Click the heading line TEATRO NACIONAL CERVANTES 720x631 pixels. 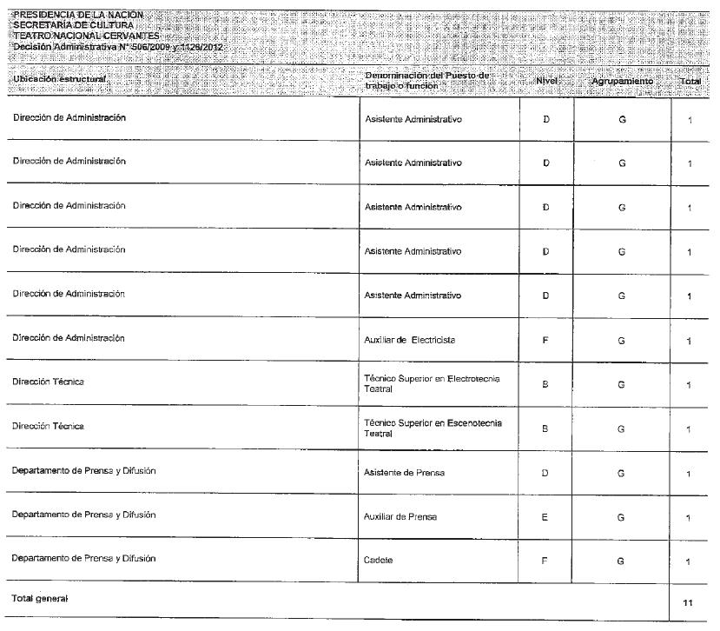point(86,36)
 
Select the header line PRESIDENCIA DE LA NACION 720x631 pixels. point(78,15)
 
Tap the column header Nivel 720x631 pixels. point(546,80)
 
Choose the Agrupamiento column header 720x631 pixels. point(622,81)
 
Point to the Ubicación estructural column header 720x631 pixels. point(59,79)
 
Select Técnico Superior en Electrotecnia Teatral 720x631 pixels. point(431,384)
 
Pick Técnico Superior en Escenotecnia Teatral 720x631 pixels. point(432,428)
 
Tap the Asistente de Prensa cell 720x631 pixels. point(404,473)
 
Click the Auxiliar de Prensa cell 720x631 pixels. point(400,517)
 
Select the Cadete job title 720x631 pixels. point(379,561)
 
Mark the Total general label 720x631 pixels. point(39,599)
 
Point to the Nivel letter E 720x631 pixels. point(545,517)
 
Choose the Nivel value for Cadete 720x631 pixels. point(545,561)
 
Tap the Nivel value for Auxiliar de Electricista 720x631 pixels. point(545,341)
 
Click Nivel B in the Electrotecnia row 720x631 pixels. point(545,384)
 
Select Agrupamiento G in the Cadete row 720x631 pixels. point(621,561)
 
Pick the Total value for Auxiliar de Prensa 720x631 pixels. point(689,518)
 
